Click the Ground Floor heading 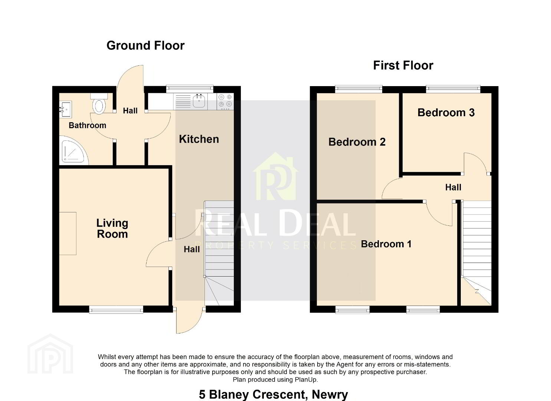tap(145, 46)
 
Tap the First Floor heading tap(403, 65)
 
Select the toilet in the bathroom tap(99, 104)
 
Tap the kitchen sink tap(199, 101)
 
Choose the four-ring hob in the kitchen tap(225, 101)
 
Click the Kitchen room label tap(199, 139)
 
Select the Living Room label tap(112, 229)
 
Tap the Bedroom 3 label tap(446, 113)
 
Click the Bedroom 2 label tap(357, 142)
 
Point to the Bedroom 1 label tap(386, 244)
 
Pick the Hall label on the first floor tap(453, 188)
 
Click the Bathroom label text tap(87, 125)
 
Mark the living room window tap(116, 309)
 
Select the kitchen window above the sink tap(190, 89)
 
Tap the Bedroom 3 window tap(453, 89)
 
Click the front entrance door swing tap(188, 320)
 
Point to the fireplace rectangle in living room tap(68, 234)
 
